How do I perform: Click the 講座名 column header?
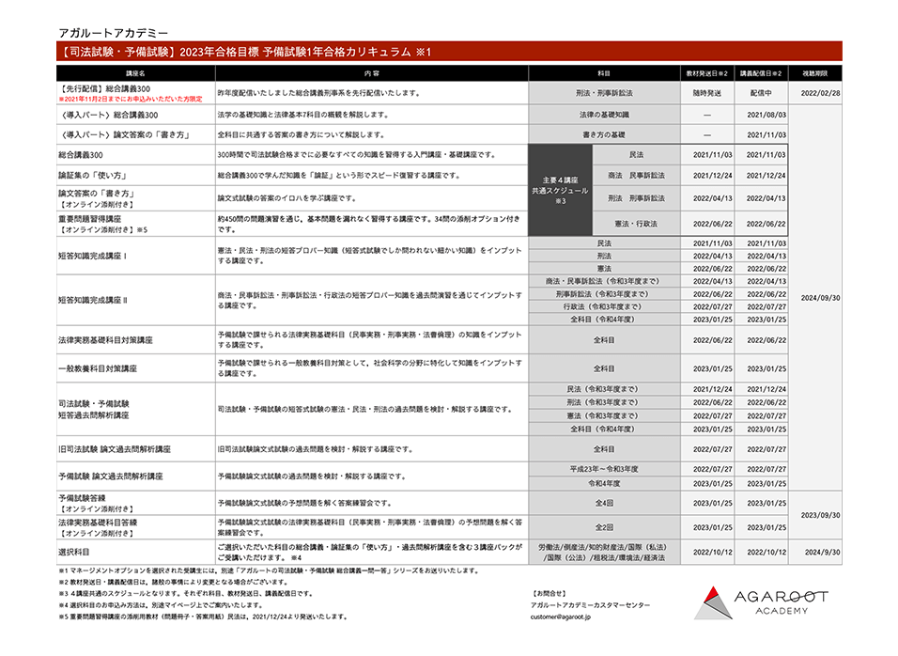[x=135, y=72]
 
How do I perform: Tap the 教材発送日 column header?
[x=706, y=72]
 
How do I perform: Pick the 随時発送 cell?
[x=706, y=93]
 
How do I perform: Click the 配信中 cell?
[x=761, y=93]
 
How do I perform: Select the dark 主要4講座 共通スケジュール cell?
[x=561, y=190]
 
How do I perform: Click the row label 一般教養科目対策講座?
[x=99, y=368]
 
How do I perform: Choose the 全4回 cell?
[x=604, y=503]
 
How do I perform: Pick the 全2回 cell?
[x=604, y=527]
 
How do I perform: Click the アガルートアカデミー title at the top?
[x=107, y=32]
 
